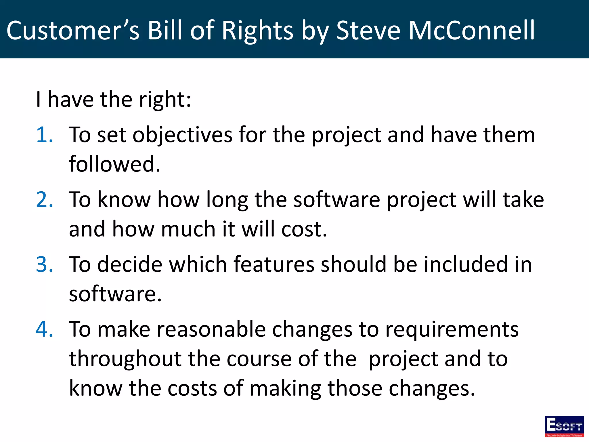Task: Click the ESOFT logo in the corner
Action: click(x=564, y=426)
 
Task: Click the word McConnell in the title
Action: click(x=472, y=31)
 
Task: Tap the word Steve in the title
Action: click(x=368, y=31)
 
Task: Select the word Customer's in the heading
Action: click(x=73, y=31)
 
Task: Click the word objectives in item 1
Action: click(x=182, y=135)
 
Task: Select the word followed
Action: click(x=114, y=164)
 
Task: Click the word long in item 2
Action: click(x=227, y=200)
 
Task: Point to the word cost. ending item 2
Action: click(x=304, y=229)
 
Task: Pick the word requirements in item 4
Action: click(x=452, y=330)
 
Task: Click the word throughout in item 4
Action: click(x=125, y=359)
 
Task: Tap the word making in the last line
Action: click(x=285, y=389)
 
